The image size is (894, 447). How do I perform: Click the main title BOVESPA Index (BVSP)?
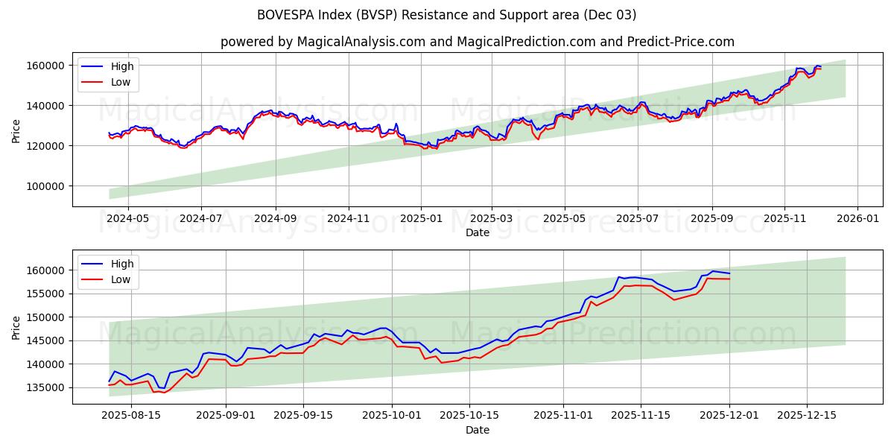point(446,15)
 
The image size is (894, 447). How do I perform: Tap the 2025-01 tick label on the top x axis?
point(421,218)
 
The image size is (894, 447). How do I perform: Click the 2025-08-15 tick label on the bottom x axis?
point(131,416)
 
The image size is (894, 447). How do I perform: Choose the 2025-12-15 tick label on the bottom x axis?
point(807,416)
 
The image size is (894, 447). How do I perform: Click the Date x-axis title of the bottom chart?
point(477,430)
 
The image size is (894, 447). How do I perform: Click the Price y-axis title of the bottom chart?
point(16,326)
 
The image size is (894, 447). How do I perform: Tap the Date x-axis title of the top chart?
point(477,232)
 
